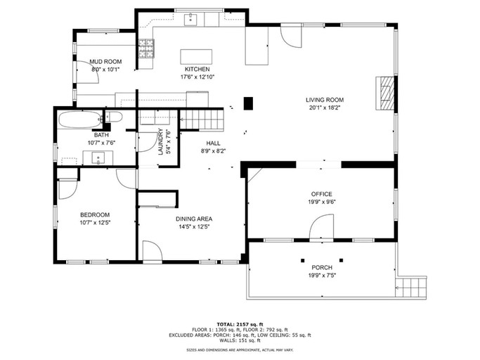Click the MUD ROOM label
[x=105, y=62]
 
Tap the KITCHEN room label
[x=197, y=69]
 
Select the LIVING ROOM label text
[x=324, y=100]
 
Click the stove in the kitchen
[x=146, y=49]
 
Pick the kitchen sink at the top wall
[x=190, y=19]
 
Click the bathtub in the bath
[x=79, y=119]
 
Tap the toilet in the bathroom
[x=114, y=117]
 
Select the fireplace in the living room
[x=384, y=92]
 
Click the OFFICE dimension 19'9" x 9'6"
[x=322, y=202]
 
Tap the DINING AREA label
[x=194, y=219]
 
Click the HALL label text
[x=213, y=143]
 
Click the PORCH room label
[x=322, y=268]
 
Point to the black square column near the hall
[x=247, y=103]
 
